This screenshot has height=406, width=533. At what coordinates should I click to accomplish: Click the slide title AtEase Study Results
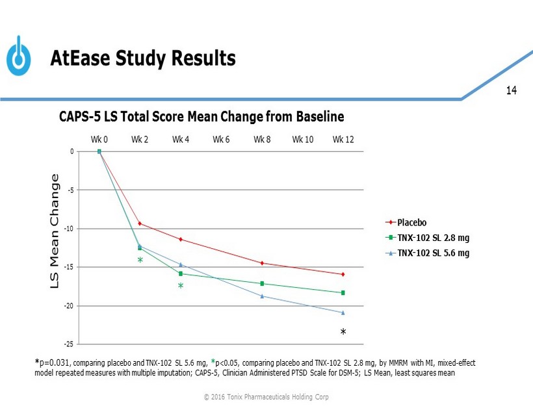click(143, 59)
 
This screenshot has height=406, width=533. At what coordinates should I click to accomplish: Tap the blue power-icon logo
click(19, 57)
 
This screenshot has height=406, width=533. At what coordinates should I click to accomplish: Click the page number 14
click(511, 90)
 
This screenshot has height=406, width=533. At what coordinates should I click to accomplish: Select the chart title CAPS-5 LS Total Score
click(201, 117)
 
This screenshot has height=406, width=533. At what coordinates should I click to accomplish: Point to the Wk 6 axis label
click(221, 139)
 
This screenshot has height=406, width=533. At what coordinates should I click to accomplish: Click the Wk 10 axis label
click(303, 139)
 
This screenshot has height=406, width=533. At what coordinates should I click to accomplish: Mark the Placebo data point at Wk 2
click(140, 223)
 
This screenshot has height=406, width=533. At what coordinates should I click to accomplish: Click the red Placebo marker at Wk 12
click(343, 274)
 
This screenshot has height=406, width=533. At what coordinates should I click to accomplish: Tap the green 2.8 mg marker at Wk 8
click(262, 283)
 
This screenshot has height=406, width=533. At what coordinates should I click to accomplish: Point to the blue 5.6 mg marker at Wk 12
click(343, 312)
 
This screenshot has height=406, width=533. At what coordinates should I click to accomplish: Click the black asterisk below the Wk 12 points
click(343, 333)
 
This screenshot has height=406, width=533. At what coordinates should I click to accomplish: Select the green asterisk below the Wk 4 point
click(181, 286)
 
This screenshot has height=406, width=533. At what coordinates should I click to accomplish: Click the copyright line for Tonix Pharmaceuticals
click(266, 396)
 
